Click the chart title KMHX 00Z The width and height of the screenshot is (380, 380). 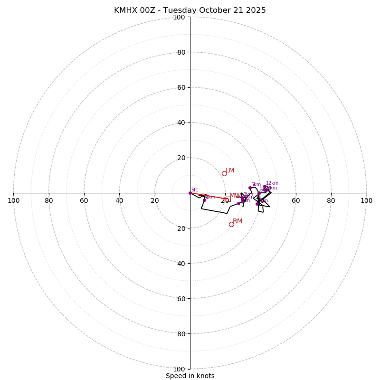pos(190,10)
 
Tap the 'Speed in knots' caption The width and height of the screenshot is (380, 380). pos(190,376)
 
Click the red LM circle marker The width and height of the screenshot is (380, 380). pos(224,173)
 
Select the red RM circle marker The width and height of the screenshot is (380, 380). pos(231,224)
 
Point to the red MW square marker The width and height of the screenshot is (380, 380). pos(228,200)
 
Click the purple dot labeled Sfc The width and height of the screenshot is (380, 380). pos(190,193)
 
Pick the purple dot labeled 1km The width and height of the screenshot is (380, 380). pos(204,200)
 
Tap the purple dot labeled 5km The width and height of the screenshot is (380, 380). pos(250,188)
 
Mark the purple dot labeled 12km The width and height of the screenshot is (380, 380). pos(265,187)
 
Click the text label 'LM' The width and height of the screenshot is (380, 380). pos(230,170)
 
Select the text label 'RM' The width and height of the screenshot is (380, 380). pos(237,221)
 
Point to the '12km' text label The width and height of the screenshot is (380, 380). pos(272,183)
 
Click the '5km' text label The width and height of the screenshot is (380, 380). pos(256,184)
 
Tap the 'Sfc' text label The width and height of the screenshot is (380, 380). pos(194,190)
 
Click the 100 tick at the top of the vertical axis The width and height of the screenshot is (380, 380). pos(179,17)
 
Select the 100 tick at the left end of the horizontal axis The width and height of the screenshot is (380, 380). pos(13,200)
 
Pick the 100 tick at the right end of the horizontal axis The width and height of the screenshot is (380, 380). pos(366,200)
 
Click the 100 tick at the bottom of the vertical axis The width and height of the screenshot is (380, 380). pos(179,369)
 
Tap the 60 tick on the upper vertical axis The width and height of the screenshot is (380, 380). pos(180,87)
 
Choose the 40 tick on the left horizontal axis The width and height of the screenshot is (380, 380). pos(119,200)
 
